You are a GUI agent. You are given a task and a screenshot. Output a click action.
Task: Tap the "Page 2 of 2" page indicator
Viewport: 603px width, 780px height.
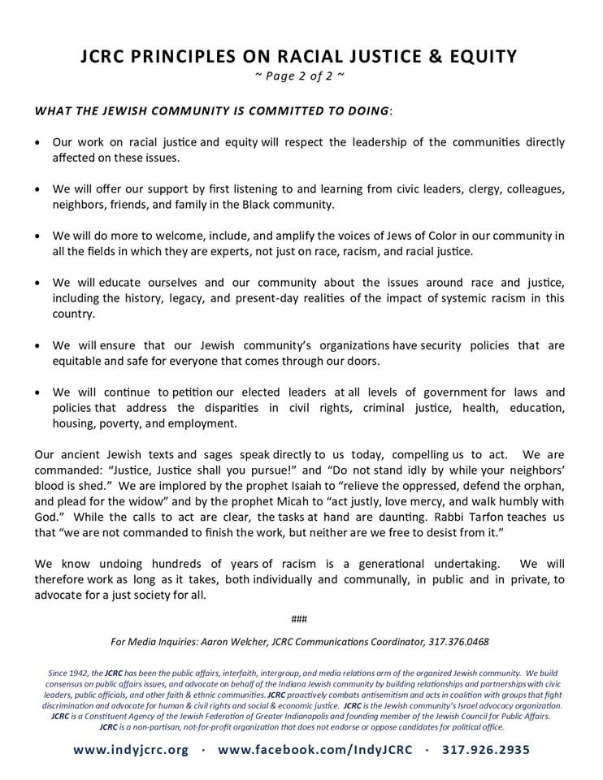click(x=301, y=76)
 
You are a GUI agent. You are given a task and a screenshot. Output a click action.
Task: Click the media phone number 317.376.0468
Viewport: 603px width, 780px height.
click(x=458, y=641)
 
